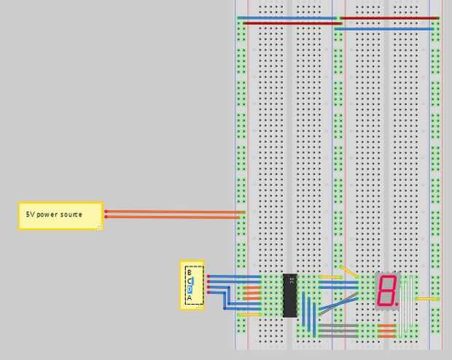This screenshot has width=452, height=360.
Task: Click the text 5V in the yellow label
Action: [x=31, y=215]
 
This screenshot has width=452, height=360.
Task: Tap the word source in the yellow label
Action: [x=71, y=215]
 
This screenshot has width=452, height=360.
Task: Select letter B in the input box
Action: [x=189, y=272]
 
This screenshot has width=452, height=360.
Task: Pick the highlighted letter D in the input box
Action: [x=190, y=289]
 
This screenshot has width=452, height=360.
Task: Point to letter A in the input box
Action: [x=189, y=297]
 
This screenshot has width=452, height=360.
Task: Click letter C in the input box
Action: [x=190, y=281]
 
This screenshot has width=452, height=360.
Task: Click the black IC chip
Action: [x=290, y=295]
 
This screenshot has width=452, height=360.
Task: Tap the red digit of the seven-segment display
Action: [x=386, y=290]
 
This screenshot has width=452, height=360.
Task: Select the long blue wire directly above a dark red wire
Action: [x=288, y=17]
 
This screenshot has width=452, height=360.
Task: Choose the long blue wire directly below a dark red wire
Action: [x=386, y=29]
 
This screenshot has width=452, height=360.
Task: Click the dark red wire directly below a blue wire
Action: [x=288, y=23]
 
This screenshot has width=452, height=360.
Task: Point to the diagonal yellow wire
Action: [x=348, y=271]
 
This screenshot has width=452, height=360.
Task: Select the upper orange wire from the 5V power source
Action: [x=175, y=211]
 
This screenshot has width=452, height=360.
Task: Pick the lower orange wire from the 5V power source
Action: [x=175, y=216]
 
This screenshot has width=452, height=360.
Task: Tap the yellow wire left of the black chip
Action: [x=249, y=314]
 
